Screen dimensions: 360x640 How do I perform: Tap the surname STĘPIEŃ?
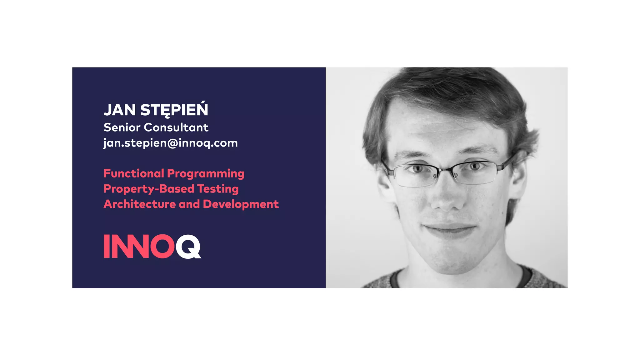(x=174, y=110)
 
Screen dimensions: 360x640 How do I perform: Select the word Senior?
(x=122, y=127)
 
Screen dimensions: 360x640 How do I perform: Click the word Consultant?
(x=176, y=127)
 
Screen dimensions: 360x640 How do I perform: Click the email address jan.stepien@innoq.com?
(x=171, y=143)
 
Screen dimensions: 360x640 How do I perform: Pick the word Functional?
(x=134, y=173)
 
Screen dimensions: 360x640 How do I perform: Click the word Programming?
(x=206, y=174)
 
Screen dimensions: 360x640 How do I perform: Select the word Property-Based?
(x=149, y=189)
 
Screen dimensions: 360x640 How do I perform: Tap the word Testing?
(x=218, y=189)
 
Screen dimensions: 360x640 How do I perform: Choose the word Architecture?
(x=139, y=204)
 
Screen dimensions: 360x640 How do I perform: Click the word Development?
(x=241, y=204)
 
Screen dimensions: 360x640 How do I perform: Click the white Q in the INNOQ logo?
(x=188, y=247)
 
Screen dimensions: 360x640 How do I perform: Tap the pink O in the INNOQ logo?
(x=162, y=247)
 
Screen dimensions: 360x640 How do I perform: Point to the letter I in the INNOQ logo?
(x=107, y=247)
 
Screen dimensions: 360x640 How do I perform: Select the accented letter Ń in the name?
(x=202, y=109)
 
